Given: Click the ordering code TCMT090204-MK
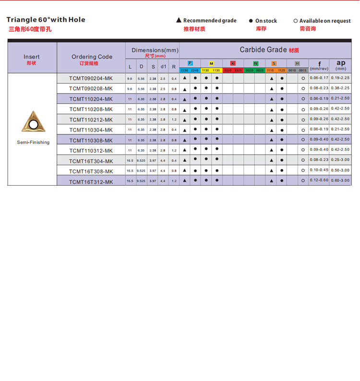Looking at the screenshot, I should point(91,78).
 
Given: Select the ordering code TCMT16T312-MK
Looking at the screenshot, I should point(91,181).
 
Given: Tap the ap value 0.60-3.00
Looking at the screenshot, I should point(340,180).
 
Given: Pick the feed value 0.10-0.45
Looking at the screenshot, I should point(319,170).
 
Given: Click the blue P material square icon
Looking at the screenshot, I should point(190,63).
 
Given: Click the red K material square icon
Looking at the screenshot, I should point(233,63).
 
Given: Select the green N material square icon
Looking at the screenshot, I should point(255,63).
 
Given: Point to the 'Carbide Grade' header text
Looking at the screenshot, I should point(263,50).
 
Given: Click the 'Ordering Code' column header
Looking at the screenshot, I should point(92,57).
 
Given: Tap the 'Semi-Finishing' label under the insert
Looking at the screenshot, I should point(33,142).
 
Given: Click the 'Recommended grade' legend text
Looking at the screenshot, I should point(210,21).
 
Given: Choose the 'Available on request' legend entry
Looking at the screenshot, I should point(325,21).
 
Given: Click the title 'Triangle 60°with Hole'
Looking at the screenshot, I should point(46,20).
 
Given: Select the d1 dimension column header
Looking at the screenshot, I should point(163,67).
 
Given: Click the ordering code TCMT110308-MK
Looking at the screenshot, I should point(91,140).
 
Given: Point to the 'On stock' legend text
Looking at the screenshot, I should point(266,21).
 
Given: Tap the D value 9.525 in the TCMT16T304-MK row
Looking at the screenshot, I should point(141,161).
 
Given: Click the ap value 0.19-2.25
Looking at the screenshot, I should point(340,77).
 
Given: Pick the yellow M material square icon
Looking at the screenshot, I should point(211,63).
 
